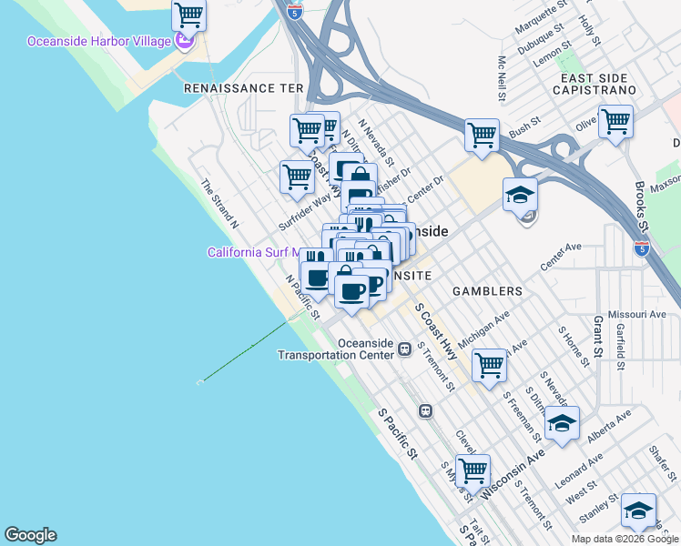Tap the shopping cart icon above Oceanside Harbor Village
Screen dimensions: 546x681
[188, 15]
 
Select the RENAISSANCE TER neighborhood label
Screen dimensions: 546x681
[242, 88]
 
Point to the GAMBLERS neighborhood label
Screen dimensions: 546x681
[487, 291]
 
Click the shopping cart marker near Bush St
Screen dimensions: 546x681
[482, 135]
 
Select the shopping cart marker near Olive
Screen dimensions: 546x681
[616, 120]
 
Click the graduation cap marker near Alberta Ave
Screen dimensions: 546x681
[562, 423]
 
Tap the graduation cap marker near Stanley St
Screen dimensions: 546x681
[638, 510]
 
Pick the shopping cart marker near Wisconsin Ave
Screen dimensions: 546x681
[473, 470]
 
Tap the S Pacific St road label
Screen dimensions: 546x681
[398, 433]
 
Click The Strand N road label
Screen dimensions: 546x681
[219, 202]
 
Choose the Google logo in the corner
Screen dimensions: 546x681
[30, 535]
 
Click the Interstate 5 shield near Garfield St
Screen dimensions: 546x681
[641, 247]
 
